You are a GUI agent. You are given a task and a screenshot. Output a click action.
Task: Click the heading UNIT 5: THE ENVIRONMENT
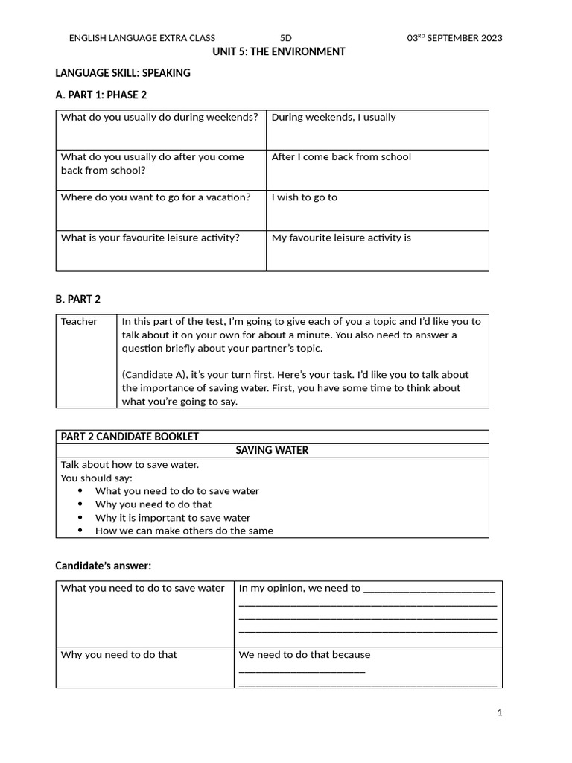pyautogui.click(x=279, y=51)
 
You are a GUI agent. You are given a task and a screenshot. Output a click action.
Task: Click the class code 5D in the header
pyautogui.click(x=286, y=38)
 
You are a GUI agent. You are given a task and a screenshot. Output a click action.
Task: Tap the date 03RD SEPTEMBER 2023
pyautogui.click(x=454, y=38)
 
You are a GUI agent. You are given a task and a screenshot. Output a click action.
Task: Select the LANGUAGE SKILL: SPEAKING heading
pyautogui.click(x=123, y=73)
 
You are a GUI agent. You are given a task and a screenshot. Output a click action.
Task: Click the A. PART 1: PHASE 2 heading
pyautogui.click(x=107, y=95)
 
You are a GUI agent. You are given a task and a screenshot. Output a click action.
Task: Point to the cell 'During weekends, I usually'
pyautogui.click(x=334, y=117)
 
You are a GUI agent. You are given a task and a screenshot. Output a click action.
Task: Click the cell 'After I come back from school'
pyautogui.click(x=341, y=157)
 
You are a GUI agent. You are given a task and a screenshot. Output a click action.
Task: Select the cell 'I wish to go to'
pyautogui.click(x=304, y=197)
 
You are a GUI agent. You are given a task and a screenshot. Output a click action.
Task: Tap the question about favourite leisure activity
pyautogui.click(x=150, y=238)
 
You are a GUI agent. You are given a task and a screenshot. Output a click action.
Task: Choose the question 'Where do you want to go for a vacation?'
pyautogui.click(x=156, y=197)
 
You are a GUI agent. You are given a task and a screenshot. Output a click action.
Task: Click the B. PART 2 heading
pyautogui.click(x=78, y=299)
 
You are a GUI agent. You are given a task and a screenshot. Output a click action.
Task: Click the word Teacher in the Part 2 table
pyautogui.click(x=79, y=322)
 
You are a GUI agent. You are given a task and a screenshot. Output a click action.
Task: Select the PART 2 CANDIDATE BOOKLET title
pyautogui.click(x=130, y=437)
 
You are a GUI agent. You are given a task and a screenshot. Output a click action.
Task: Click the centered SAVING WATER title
pyautogui.click(x=272, y=450)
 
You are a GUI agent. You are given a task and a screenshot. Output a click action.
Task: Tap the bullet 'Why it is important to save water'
pyautogui.click(x=173, y=518)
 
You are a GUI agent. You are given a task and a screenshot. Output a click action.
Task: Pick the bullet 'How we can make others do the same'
pyautogui.click(x=184, y=531)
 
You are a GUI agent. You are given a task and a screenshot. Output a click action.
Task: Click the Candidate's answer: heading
pyautogui.click(x=103, y=566)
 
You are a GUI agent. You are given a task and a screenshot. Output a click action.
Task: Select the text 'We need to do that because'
pyautogui.click(x=304, y=655)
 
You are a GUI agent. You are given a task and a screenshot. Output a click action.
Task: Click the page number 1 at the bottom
pyautogui.click(x=500, y=712)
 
